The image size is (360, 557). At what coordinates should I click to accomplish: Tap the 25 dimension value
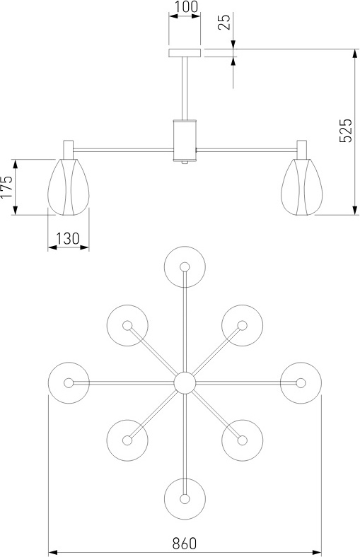click(x=225, y=22)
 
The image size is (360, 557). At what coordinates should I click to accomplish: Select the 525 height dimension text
click(x=345, y=130)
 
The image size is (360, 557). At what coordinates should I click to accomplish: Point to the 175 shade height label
click(x=7, y=187)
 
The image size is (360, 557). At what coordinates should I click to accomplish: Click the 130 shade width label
click(x=68, y=238)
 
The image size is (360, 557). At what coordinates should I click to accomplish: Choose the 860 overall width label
click(x=185, y=544)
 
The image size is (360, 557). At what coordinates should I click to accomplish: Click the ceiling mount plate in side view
click(x=185, y=53)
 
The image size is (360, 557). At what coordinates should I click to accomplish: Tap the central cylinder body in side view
click(x=185, y=141)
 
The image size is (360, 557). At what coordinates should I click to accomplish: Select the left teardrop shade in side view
click(x=69, y=187)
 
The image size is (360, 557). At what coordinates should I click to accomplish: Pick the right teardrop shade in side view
click(x=301, y=187)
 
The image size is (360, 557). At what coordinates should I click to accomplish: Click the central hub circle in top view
click(x=185, y=383)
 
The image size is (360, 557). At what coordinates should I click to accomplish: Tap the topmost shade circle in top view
click(x=185, y=266)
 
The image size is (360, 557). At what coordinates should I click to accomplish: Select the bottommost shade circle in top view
click(x=185, y=499)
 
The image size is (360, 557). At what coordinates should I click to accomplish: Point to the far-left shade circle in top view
click(x=69, y=383)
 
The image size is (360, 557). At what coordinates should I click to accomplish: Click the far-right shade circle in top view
click(x=301, y=383)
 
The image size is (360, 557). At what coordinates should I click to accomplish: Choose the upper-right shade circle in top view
click(x=243, y=325)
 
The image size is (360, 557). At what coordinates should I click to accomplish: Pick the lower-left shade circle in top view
click(x=127, y=440)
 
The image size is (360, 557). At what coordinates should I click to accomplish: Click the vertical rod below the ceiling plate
click(x=185, y=88)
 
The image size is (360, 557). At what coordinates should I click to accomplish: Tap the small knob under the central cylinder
click(x=185, y=163)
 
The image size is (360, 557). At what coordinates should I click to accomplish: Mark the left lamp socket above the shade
click(x=68, y=150)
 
